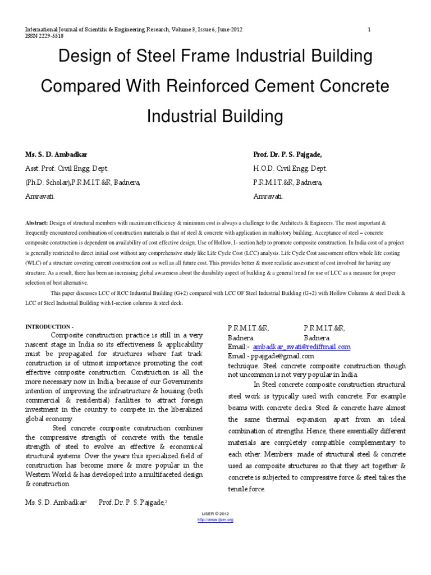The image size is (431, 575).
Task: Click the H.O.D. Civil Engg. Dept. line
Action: click(290, 168)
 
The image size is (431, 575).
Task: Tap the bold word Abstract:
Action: click(36, 223)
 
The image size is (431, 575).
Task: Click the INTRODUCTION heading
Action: click(49, 327)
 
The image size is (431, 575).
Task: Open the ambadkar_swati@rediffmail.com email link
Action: click(301, 347)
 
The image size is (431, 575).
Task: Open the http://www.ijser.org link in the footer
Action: click(215, 520)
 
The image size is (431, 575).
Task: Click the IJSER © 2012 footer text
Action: click(215, 514)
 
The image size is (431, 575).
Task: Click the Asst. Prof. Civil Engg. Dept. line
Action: click(66, 168)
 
